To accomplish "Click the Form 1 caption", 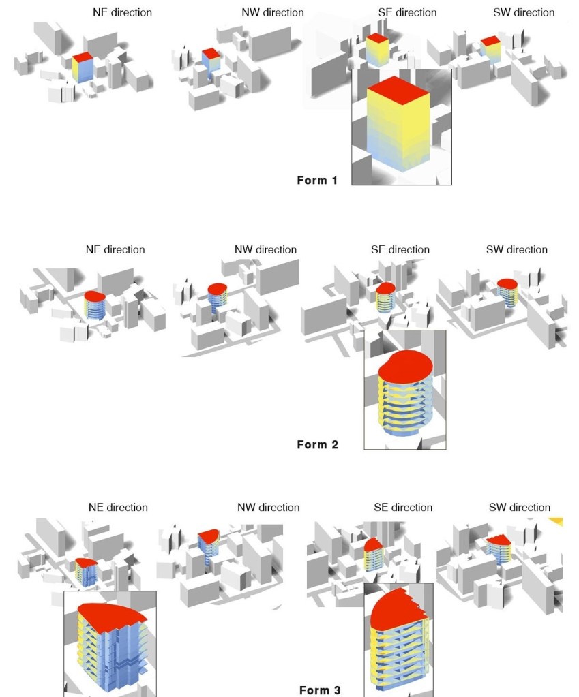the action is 317,180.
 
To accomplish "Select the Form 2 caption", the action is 317,444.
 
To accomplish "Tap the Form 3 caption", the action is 320,690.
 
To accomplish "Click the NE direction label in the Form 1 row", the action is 122,12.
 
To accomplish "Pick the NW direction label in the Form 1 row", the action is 273,12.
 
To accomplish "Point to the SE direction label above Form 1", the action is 407,12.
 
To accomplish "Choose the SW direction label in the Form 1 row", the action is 524,12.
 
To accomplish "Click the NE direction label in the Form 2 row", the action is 115,250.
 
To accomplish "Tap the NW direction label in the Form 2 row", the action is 266,250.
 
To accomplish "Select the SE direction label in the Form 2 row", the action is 400,250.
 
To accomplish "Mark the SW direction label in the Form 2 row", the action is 517,250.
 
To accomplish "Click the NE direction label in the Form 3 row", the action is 118,507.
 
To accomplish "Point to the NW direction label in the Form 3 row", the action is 269,507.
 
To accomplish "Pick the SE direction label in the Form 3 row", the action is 403,507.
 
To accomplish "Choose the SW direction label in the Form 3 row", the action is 520,507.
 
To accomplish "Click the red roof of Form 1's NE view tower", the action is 83,58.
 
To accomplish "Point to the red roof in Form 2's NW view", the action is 218,289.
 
